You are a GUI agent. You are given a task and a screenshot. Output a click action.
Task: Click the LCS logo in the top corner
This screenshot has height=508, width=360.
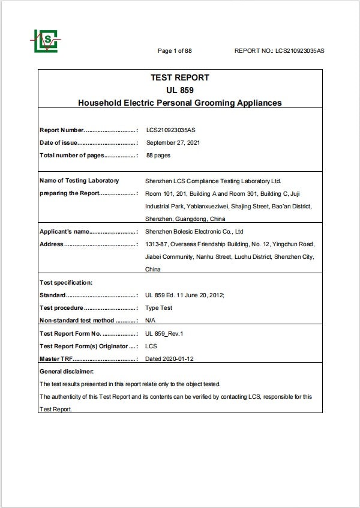[44, 41]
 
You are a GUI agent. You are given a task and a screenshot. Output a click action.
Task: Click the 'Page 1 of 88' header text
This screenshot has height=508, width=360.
[175, 51]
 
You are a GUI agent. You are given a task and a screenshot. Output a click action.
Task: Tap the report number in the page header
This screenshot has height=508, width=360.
[280, 51]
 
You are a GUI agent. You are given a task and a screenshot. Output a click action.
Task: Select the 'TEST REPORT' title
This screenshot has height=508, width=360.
[179, 77]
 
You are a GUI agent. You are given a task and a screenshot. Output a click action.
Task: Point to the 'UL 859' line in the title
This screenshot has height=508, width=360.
[179, 90]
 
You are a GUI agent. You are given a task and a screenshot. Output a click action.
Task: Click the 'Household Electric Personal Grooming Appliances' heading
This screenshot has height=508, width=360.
[179, 103]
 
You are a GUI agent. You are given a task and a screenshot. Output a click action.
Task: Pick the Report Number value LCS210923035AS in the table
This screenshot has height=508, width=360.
[170, 130]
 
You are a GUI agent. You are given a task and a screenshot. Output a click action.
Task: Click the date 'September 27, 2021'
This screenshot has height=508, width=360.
[173, 143]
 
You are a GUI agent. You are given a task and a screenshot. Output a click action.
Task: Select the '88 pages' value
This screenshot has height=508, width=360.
[158, 156]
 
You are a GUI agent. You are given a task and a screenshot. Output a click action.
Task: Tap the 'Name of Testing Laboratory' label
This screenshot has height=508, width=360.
[79, 181]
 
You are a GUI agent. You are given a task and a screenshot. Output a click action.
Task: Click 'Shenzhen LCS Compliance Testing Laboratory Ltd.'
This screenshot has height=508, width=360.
[213, 181]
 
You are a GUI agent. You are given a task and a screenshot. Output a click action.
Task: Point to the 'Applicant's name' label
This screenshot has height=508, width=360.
[64, 232]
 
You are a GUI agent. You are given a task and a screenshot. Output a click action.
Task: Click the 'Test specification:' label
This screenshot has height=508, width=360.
[66, 283]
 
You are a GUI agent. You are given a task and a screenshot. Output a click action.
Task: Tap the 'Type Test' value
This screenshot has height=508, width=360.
[159, 308]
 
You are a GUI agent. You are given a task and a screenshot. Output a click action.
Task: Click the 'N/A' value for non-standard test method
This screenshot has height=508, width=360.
[151, 321]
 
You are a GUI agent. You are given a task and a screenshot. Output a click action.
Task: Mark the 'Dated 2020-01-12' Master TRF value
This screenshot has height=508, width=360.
[170, 359]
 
